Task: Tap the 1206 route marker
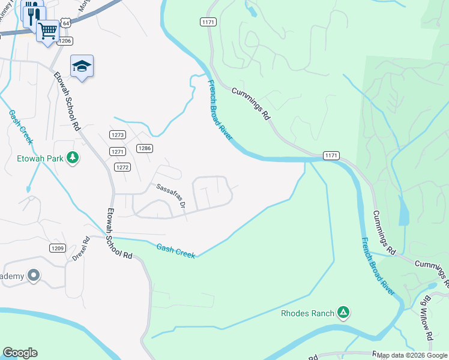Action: [65, 41]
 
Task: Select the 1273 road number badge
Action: [117, 134]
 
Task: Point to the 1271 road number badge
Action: [118, 151]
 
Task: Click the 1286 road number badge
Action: [143, 148]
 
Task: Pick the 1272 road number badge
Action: [122, 167]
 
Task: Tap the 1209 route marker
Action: [57, 247]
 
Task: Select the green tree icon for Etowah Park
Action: [73, 158]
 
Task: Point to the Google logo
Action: [20, 353]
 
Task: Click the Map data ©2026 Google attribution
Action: [412, 356]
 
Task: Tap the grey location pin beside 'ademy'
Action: [34, 276]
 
